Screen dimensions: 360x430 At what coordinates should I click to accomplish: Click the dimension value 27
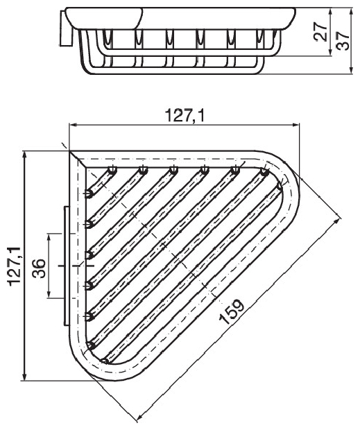[x=320, y=32]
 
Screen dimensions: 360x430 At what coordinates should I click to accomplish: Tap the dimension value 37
[x=343, y=40]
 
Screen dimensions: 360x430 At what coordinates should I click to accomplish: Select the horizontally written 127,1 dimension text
[x=185, y=116]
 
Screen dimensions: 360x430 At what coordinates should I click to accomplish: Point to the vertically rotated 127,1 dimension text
[x=15, y=266]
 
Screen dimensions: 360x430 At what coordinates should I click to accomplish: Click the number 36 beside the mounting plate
[x=39, y=268]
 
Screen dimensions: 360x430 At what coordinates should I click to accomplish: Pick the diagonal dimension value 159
[x=231, y=312]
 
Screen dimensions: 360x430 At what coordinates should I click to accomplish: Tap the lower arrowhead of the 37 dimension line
[x=351, y=70]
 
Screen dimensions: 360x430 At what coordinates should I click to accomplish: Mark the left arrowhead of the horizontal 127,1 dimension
[x=73, y=125]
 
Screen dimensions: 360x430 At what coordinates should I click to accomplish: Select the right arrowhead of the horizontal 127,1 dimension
[x=295, y=125]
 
